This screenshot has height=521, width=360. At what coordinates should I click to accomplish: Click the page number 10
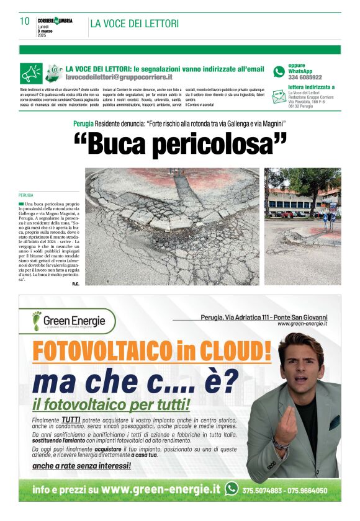(x=25, y=21)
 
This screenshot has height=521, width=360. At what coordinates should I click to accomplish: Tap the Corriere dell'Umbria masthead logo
(x=55, y=20)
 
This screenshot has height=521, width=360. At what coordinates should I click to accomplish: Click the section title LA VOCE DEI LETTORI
(x=134, y=24)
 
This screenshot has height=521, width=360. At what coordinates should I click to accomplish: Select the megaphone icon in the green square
(x=31, y=73)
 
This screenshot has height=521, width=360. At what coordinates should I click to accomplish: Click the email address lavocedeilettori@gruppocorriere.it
(x=119, y=77)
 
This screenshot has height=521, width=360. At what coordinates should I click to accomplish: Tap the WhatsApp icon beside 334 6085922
(x=279, y=71)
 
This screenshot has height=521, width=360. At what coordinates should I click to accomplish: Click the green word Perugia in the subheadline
(x=83, y=124)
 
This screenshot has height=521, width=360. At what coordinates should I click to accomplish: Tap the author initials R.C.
(x=76, y=284)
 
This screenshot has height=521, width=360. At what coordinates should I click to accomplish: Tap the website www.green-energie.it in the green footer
(x=160, y=489)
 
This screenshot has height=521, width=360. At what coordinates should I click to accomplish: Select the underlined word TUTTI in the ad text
(x=70, y=420)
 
